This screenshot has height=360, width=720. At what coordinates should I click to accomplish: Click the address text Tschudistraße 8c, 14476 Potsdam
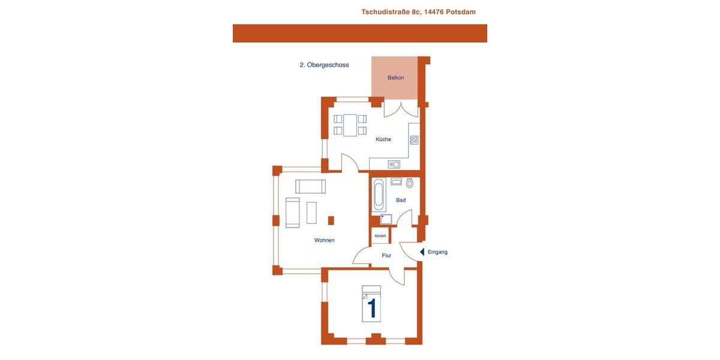[x=418, y=12]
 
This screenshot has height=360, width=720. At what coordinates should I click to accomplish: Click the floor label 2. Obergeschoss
[x=324, y=65]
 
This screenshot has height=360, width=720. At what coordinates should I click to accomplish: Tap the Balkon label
[x=395, y=78]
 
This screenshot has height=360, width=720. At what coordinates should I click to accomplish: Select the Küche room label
[x=383, y=139]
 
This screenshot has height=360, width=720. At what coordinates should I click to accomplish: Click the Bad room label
[x=401, y=200]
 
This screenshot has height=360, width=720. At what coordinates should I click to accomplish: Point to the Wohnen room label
[x=325, y=241]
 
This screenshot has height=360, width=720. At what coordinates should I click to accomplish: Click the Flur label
[x=386, y=256]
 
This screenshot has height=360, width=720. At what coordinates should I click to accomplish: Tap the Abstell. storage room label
[x=380, y=236]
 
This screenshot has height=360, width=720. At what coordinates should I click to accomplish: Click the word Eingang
[x=437, y=252]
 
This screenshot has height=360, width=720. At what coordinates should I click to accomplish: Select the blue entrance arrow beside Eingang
[x=422, y=252]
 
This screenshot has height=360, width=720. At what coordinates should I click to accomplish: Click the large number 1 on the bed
[x=372, y=308]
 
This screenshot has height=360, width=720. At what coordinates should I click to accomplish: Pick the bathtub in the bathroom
[x=379, y=194]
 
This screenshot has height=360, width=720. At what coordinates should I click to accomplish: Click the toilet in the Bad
[x=410, y=183]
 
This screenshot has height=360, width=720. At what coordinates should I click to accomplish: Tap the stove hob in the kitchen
[x=414, y=140]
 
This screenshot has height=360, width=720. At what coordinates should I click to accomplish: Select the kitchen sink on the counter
[x=394, y=164]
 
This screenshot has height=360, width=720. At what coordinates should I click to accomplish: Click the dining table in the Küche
[x=350, y=125]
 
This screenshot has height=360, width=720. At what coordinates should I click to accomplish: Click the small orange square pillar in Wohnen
[x=331, y=220]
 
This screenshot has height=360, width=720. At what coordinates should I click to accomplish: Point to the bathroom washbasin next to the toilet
[x=396, y=181]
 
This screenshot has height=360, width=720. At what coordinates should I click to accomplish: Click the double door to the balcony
[x=401, y=109]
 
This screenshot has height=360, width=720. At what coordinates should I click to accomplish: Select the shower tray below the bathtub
[x=386, y=219]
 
